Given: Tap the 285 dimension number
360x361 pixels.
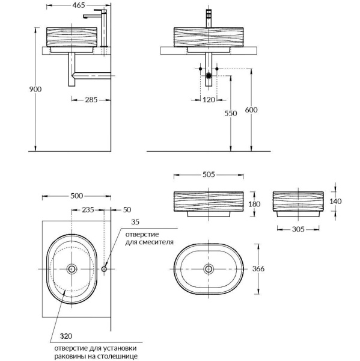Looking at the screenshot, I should click(x=91, y=99).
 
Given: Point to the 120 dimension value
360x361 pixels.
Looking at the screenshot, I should click(x=209, y=99).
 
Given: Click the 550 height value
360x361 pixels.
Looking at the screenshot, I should click(x=222, y=113).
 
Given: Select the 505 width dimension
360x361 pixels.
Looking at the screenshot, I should click(x=208, y=176).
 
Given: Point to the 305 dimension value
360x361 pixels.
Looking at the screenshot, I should click(x=299, y=229).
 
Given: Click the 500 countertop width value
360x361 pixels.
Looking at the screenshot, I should click(x=76, y=196).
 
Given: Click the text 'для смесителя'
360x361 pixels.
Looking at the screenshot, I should click(x=150, y=242).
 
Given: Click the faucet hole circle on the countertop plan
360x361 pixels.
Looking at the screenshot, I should click(x=105, y=269).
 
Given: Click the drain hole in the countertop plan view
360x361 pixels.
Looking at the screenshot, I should click(x=73, y=269).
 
